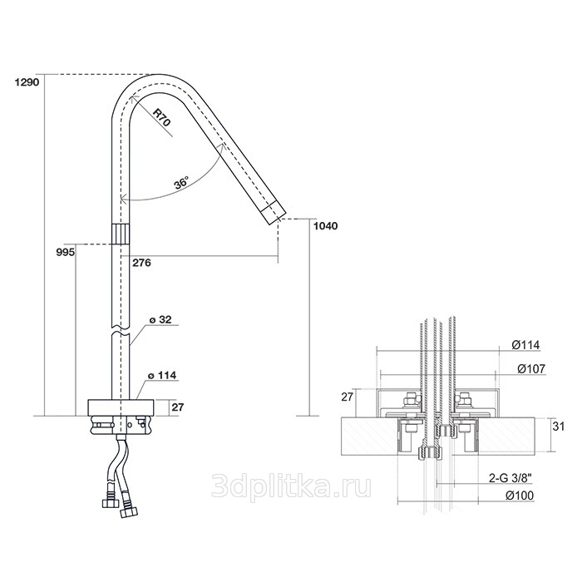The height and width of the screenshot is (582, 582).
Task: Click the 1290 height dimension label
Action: [x=27, y=82]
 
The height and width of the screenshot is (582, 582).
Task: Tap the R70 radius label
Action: [x=162, y=118]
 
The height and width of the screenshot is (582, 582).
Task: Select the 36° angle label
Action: [x=182, y=183]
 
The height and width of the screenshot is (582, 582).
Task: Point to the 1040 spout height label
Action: [x=326, y=226]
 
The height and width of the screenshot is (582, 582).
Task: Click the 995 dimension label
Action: [x=66, y=253]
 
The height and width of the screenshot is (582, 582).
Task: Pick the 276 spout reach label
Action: [x=142, y=263]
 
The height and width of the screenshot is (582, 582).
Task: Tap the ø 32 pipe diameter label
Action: [x=160, y=319]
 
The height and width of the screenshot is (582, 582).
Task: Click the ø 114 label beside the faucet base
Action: [x=163, y=376]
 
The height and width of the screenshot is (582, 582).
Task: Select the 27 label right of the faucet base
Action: [x=178, y=407]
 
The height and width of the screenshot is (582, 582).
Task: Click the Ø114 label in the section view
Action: [x=525, y=345]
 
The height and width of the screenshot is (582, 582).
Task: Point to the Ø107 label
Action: [x=531, y=368]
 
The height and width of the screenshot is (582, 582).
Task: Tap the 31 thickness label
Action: [x=558, y=427]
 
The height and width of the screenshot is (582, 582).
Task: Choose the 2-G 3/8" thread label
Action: [x=510, y=479]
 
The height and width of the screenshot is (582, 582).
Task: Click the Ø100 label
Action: [x=520, y=496]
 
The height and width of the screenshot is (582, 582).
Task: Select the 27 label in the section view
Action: [x=347, y=397]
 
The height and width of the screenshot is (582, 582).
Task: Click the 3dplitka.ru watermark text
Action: [x=291, y=488]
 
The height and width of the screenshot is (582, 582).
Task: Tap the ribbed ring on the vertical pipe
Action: [x=121, y=234]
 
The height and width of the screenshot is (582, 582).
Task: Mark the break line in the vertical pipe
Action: [x=121, y=330]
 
